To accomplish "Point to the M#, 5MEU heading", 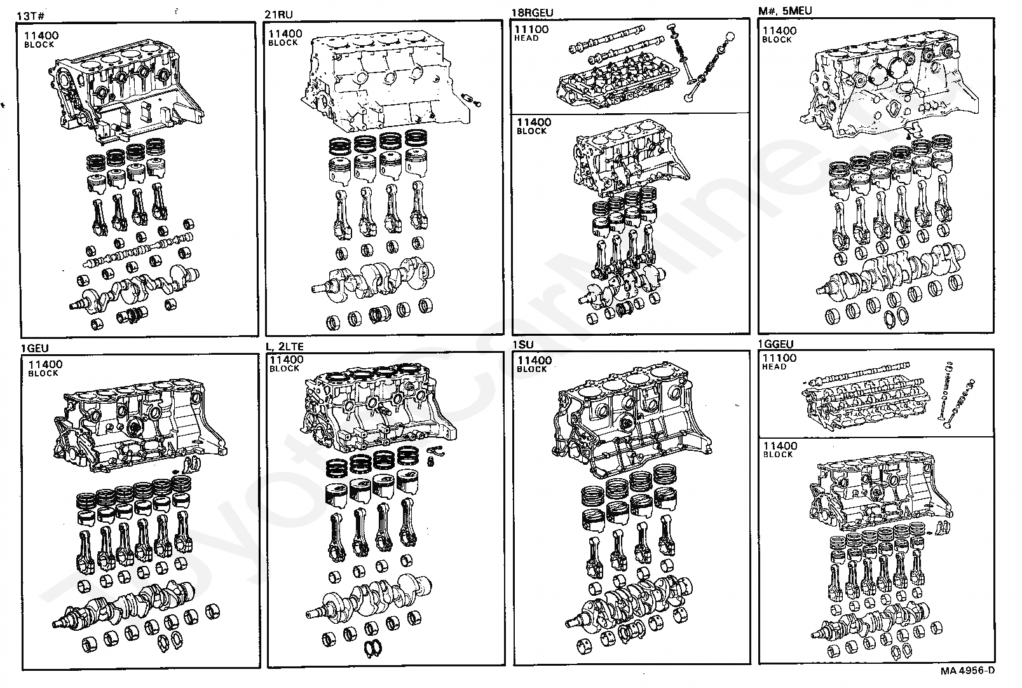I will click(x=785, y=11).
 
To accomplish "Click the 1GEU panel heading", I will click(x=34, y=348).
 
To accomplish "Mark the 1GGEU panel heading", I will click(x=775, y=345).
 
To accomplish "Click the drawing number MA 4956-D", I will click(x=968, y=670).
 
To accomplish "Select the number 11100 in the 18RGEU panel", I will click(x=531, y=29).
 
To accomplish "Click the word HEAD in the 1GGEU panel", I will click(x=775, y=367).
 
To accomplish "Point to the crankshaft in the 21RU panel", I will click(x=371, y=277).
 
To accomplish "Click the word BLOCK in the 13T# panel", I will click(x=39, y=45).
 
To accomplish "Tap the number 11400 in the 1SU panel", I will click(x=534, y=361).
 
